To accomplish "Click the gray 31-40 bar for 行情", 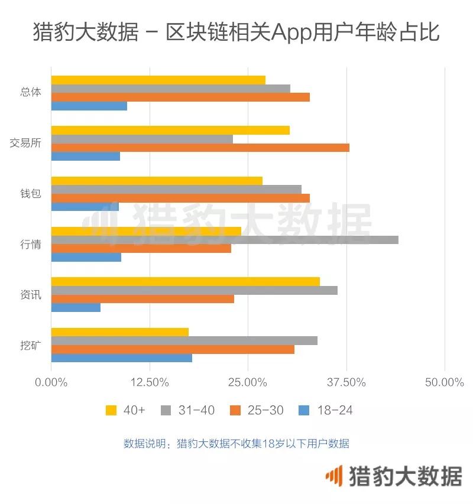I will point(225,240).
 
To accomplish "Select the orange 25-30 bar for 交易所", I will point(200,148).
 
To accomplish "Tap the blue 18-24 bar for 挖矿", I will point(121,358).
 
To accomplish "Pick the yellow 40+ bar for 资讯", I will point(185,282).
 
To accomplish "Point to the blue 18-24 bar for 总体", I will point(89,106).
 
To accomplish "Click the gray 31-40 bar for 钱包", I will point(176,190).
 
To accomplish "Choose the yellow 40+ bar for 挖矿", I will point(119,332).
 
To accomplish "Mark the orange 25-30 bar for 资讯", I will point(142,299).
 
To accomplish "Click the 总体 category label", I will point(30,93).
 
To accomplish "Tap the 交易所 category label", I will point(25,143).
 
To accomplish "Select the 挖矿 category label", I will point(30,345).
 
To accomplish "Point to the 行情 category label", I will point(30,244).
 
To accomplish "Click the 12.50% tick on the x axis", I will point(150,382).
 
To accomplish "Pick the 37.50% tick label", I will point(346,382).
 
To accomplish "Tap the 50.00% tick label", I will point(444,382).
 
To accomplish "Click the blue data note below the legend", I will point(236,444).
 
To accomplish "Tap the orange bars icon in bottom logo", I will point(335,476).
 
